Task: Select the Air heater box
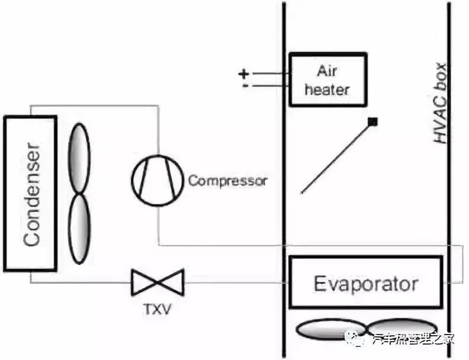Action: pyautogui.click(x=326, y=79)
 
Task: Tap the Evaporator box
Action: pyautogui.click(x=365, y=283)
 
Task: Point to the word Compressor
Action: pyautogui.click(x=227, y=180)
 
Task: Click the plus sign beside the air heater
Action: pyautogui.click(x=243, y=73)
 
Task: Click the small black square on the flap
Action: pyautogui.click(x=372, y=122)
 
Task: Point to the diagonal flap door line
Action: pyautogui.click(x=336, y=157)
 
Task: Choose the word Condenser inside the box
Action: pyautogui.click(x=31, y=194)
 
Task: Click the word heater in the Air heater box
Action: pyautogui.click(x=326, y=89)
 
